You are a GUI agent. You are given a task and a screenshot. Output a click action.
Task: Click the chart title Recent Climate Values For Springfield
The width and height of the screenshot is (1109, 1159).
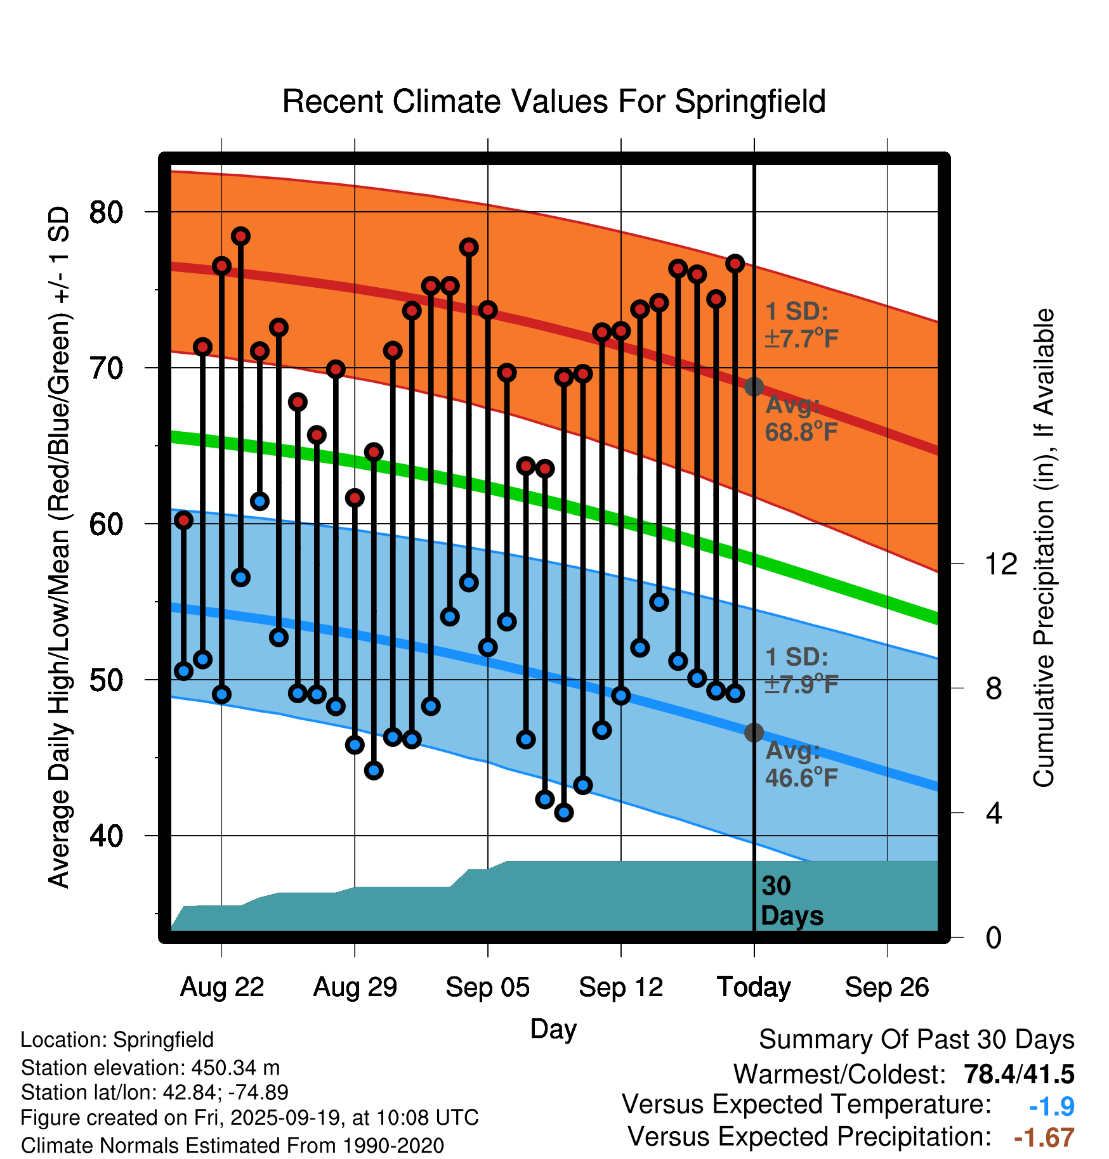[554, 101]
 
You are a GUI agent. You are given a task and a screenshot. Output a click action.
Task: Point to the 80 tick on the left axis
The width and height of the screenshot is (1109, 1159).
[106, 212]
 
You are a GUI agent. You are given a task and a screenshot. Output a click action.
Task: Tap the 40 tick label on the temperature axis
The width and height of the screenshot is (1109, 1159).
[106, 836]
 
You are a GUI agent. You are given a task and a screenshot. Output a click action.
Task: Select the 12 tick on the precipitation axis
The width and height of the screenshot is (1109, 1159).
[1001, 564]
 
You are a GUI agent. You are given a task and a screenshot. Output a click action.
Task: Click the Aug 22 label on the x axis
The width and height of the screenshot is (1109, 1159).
[222, 987]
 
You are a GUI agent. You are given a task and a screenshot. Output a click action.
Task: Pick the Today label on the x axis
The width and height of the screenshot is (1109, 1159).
[754, 987]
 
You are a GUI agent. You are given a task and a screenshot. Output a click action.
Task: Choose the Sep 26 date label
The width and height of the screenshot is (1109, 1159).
[886, 987]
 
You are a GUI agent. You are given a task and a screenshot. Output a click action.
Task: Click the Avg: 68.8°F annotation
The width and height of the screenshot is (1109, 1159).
[801, 419]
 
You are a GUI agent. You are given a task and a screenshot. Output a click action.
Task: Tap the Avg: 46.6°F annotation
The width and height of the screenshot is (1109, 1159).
[801, 764]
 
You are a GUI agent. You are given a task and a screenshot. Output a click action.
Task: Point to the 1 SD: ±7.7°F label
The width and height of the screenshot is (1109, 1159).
[801, 325]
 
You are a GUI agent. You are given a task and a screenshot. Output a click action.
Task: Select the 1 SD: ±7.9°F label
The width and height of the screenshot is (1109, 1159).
[801, 671]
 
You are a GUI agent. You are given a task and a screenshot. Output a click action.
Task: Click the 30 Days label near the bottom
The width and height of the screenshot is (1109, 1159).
[792, 901]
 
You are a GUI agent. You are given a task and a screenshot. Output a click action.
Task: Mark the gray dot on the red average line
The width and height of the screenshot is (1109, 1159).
[754, 387]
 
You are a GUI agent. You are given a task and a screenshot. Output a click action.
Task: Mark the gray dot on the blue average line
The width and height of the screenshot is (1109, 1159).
[754, 733]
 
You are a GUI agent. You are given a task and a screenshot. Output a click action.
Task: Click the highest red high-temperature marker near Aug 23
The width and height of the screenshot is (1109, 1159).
[240, 236]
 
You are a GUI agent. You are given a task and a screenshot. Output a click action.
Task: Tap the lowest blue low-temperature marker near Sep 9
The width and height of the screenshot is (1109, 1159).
[564, 812]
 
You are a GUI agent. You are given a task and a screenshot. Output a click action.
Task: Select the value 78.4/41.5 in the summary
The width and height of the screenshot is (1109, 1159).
[1019, 1074]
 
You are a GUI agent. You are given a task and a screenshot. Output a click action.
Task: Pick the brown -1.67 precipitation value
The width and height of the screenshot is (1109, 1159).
[1044, 1137]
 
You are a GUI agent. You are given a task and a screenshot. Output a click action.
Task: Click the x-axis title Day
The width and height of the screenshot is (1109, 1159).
[553, 1028]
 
